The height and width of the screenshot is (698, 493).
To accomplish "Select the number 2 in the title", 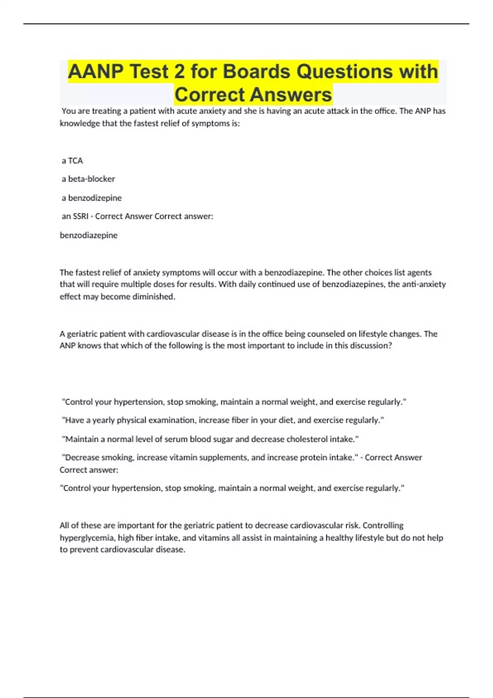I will coord(179,72).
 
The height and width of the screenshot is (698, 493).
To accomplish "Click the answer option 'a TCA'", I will coord(72,161).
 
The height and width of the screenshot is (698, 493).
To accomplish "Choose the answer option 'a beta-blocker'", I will coord(88,179).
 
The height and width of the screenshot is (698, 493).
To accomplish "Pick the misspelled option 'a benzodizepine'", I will coord(92,198).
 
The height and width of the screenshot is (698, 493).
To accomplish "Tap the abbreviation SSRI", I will coord(81,216).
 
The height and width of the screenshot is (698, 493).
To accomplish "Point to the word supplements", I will coord(223,457).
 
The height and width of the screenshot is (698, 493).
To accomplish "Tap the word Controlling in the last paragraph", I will coord(383,526).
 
